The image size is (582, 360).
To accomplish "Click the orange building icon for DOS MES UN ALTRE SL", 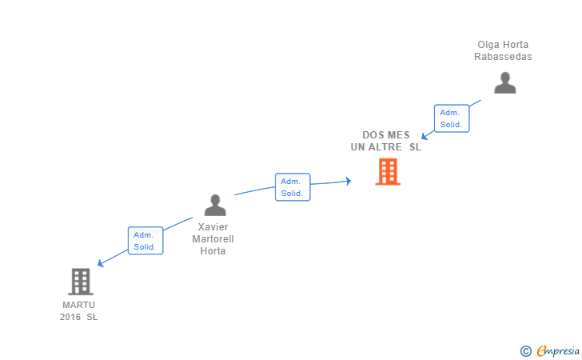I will [x=388, y=172].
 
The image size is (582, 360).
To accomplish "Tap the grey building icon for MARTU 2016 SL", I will [x=80, y=282].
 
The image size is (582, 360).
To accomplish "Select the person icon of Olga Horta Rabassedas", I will [x=504, y=83].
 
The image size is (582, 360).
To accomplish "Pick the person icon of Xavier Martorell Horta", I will [x=214, y=206].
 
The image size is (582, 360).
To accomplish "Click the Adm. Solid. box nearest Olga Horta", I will [x=452, y=118].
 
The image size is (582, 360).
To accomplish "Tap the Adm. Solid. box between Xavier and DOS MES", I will [x=292, y=187].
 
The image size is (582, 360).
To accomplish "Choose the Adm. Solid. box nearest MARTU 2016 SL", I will [x=145, y=241].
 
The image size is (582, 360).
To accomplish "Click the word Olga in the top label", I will [x=488, y=45].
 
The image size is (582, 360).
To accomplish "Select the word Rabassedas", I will [x=503, y=57].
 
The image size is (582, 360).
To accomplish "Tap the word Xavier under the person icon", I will [x=214, y=227].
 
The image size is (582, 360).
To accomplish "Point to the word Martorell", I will [x=214, y=239].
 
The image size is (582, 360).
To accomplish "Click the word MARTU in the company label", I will [x=78, y=305].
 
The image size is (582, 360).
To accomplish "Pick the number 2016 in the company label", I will [x=70, y=317].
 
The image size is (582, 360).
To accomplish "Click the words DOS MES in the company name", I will [x=386, y=135].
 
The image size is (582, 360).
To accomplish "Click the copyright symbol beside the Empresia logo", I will [x=525, y=350].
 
